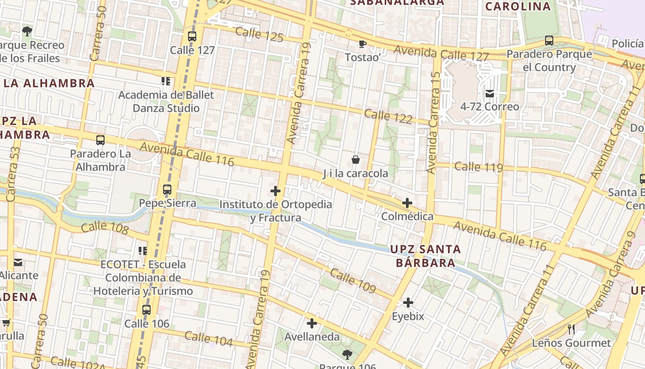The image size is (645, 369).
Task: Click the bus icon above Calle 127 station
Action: click(192, 36)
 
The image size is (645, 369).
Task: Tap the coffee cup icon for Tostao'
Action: click(363, 44)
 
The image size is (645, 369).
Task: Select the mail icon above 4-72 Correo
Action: click(489, 94)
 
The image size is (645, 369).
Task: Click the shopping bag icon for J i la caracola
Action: click(356, 160)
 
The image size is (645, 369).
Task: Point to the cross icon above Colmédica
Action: click(407, 203)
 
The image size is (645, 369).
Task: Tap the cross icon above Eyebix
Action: click(408, 303)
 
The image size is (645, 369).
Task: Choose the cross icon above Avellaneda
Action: click(312, 323)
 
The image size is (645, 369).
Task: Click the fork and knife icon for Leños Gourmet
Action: click(571, 329)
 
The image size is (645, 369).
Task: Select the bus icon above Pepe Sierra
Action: click(167, 190)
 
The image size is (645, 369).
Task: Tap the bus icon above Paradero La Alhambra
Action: click(100, 140)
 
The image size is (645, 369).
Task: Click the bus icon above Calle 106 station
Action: click(147, 310)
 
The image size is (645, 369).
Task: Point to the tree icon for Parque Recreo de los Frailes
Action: click(27, 31)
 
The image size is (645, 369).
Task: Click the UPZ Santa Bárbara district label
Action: click(425, 256)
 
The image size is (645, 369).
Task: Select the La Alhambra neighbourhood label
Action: click(49, 83)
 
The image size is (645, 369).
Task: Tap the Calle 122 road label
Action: click(388, 116)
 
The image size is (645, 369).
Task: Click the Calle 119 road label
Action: click(478, 167)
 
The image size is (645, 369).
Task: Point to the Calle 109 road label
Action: click(353, 281)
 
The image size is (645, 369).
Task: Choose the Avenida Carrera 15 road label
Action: click(433, 122)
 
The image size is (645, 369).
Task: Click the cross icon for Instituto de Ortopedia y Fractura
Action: click(276, 191)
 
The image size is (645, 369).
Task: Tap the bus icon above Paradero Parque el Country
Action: click(549, 41)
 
